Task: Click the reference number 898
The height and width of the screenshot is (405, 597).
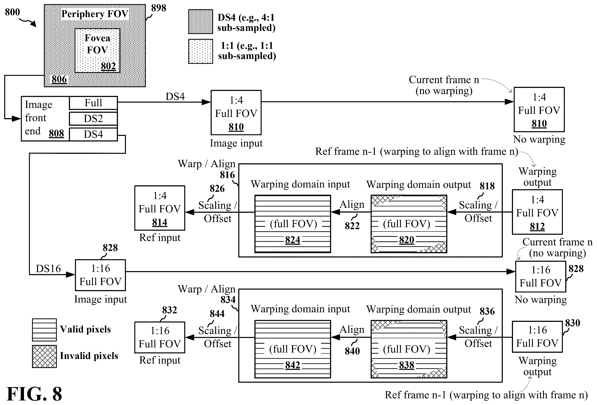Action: tap(159, 8)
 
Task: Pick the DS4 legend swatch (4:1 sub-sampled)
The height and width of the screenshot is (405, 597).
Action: tap(201, 22)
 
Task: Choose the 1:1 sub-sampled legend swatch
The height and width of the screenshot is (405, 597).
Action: tap(201, 51)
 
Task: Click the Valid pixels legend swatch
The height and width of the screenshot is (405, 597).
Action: tap(44, 330)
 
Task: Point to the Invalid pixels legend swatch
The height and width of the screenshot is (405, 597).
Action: tap(44, 356)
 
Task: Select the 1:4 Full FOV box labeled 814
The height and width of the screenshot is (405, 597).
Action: tap(160, 208)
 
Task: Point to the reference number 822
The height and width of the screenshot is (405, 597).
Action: tap(352, 226)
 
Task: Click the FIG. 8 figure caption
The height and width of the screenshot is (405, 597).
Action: tap(34, 393)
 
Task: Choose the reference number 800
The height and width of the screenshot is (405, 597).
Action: tap(12, 12)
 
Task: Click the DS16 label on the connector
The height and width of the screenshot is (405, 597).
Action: tap(48, 269)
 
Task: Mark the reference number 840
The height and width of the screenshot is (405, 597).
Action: tap(352, 351)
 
